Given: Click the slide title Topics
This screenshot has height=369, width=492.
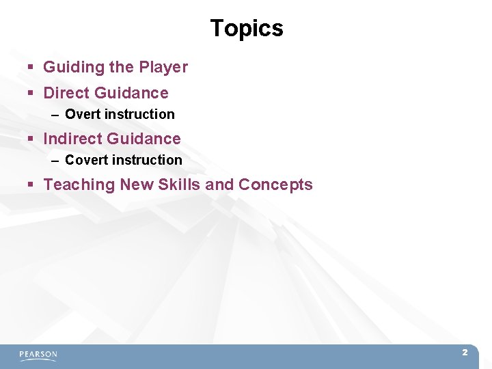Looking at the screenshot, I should click(246, 28).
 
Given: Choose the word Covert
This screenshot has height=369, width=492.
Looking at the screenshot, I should click(85, 160).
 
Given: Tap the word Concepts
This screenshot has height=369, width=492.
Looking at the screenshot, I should click(275, 184).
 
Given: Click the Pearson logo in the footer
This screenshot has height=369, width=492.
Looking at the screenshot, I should click(38, 355).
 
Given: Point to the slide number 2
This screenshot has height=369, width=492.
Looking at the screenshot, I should click(465, 353).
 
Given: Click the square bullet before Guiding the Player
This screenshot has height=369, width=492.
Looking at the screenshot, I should click(31, 68).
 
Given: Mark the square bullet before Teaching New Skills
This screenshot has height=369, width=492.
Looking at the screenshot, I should click(31, 185).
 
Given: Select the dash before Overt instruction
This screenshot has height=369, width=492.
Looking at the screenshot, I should click(55, 115).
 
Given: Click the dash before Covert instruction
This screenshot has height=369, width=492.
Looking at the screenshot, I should click(55, 161).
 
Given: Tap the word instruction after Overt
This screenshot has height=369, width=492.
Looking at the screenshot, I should click(139, 114).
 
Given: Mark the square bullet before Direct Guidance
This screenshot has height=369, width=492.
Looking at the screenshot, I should click(31, 94).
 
